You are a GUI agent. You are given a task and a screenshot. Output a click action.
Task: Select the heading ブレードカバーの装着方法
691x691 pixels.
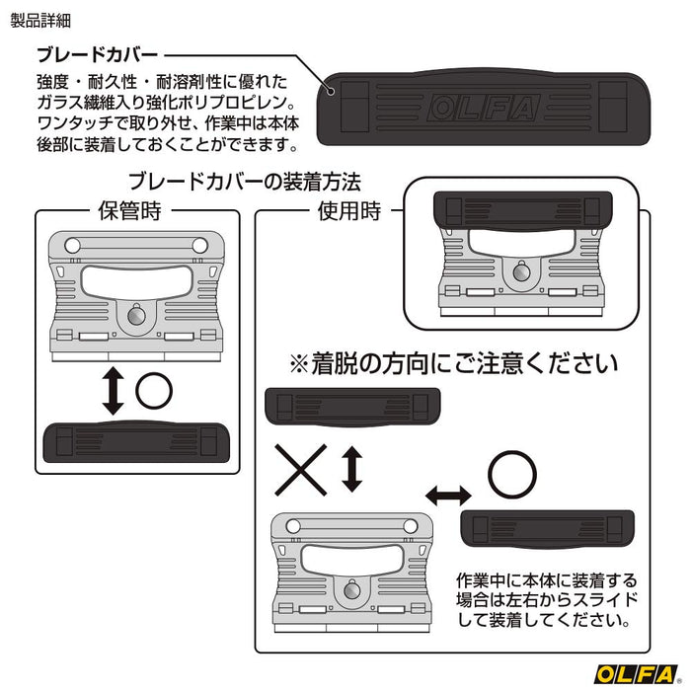[x=246, y=183]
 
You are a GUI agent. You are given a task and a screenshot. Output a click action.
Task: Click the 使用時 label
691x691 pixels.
[x=350, y=210]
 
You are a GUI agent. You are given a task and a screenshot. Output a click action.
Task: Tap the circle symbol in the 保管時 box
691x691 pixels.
[x=153, y=392]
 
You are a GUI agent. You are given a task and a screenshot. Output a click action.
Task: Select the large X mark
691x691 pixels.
[x=299, y=469]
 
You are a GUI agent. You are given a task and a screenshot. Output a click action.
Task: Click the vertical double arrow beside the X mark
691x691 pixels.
[x=350, y=469]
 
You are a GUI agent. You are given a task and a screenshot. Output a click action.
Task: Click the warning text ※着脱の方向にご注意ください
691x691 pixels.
[x=452, y=363]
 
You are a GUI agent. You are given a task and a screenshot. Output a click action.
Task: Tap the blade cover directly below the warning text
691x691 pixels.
[x=351, y=407]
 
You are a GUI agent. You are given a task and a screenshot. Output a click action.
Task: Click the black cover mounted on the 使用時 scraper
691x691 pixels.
[x=518, y=211]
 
